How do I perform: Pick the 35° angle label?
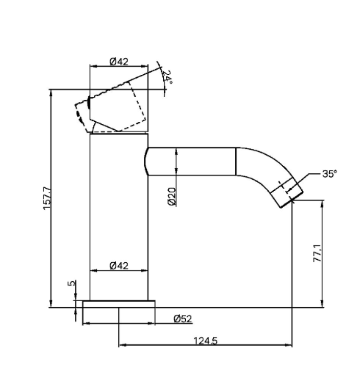328,174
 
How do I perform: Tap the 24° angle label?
168,76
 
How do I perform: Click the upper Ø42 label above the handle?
119,62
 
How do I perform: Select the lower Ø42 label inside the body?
119,265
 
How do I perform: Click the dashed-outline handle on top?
118,106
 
